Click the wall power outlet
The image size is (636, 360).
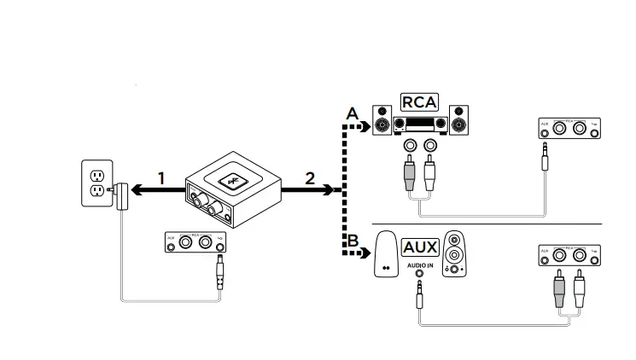(x=96, y=183)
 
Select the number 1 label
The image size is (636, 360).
(x=160, y=179)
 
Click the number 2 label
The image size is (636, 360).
(x=309, y=179)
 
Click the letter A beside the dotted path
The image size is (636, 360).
(x=351, y=113)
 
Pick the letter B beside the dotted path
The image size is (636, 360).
(x=351, y=240)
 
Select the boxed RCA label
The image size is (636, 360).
(x=419, y=102)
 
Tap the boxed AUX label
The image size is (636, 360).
(x=419, y=247)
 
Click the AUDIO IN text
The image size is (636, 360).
(x=419, y=265)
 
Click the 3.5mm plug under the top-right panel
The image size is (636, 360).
(x=544, y=158)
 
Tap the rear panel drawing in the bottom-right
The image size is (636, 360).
(x=568, y=255)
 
